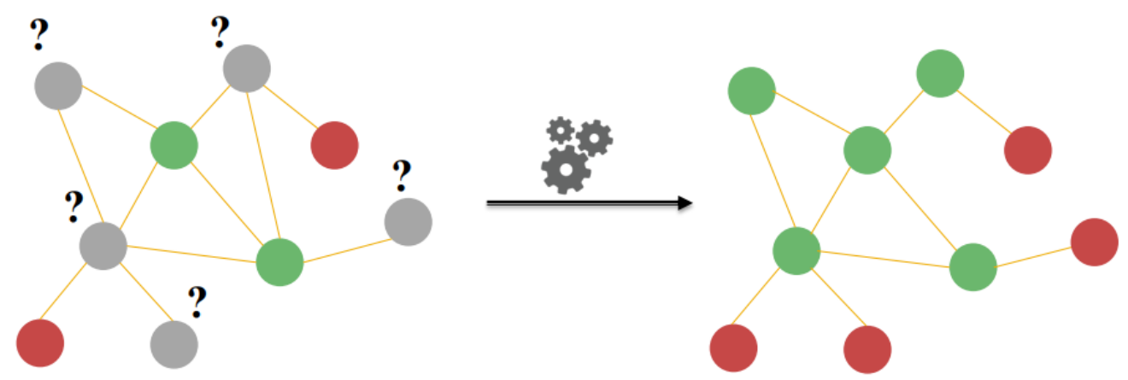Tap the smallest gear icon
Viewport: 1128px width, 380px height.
[x=560, y=130]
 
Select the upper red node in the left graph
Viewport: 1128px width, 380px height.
[x=334, y=145]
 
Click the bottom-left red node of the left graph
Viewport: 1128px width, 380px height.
[x=40, y=342]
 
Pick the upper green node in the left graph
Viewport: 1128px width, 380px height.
[x=174, y=145]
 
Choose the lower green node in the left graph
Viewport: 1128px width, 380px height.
[x=280, y=262]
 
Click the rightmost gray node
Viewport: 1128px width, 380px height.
[x=408, y=222]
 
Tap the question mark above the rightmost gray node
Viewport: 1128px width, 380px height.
[x=401, y=176]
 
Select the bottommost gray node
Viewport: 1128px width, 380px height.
[x=174, y=345]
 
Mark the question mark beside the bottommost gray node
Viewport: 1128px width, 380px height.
[x=197, y=301]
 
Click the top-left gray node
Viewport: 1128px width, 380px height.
[x=58, y=85]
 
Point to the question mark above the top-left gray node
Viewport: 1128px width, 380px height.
[x=39, y=35]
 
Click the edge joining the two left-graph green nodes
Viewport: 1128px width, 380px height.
[x=227, y=204]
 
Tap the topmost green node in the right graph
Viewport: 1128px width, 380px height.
[x=940, y=73]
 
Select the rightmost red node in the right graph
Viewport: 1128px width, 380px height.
[x=1094, y=242]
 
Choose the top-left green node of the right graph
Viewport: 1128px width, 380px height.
[x=752, y=91]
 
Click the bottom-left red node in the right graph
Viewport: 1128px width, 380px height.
[x=734, y=348]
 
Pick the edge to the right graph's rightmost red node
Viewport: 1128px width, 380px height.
[x=1034, y=255]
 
